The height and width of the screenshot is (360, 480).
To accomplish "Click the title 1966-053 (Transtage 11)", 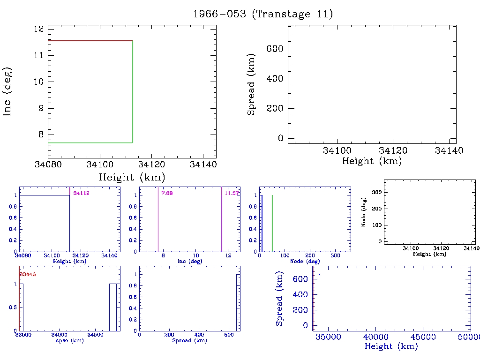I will [263, 14].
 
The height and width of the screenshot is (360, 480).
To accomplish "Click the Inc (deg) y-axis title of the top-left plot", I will [7, 91].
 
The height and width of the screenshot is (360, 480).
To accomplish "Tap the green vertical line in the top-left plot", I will [132, 91].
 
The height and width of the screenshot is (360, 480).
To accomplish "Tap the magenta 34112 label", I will [81, 193].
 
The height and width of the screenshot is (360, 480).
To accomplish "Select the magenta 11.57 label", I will [232, 193].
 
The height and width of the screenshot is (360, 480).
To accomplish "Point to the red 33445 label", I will [27, 274].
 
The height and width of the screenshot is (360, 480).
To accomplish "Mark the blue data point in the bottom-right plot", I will [319, 274].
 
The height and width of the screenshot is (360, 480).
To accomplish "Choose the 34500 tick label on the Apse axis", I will [97, 335].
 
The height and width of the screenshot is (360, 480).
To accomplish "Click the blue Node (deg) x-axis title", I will [304, 261].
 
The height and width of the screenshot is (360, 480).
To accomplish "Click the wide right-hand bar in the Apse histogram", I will [113, 307].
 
